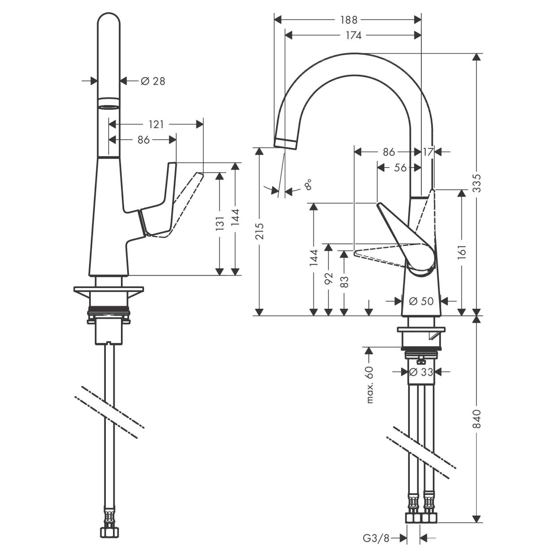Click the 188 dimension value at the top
click(x=349, y=19)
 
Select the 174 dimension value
click(x=353, y=35)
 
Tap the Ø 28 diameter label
click(x=153, y=81)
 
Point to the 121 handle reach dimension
click(x=156, y=125)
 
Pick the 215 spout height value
click(x=259, y=231)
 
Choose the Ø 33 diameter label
click(x=421, y=372)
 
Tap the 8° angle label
click(x=308, y=185)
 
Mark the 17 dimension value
click(x=428, y=152)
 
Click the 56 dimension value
click(x=400, y=168)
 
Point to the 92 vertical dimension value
click(x=328, y=278)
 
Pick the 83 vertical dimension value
click(x=345, y=282)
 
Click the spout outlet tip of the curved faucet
click(x=285, y=144)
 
